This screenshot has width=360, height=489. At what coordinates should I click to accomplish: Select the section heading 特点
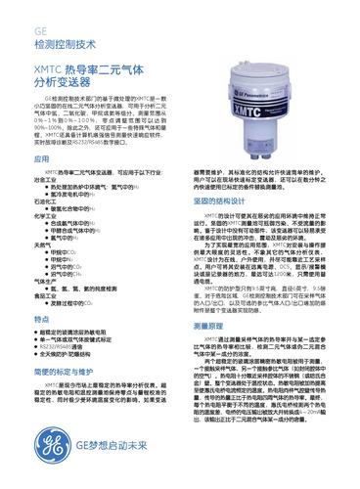coord(42,319)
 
